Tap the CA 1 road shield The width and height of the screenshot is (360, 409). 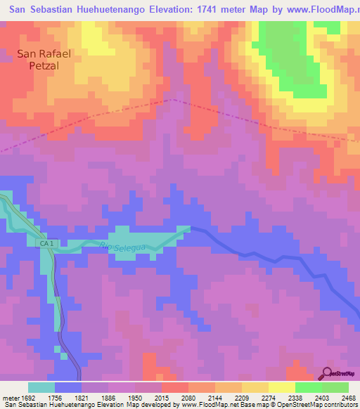point(45,242)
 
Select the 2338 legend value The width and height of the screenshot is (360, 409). point(278,397)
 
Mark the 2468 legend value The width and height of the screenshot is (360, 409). point(340,397)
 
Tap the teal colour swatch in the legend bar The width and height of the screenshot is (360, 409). point(41,387)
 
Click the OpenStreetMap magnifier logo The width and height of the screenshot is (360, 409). point(328,373)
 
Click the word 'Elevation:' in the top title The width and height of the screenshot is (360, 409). point(190,8)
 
